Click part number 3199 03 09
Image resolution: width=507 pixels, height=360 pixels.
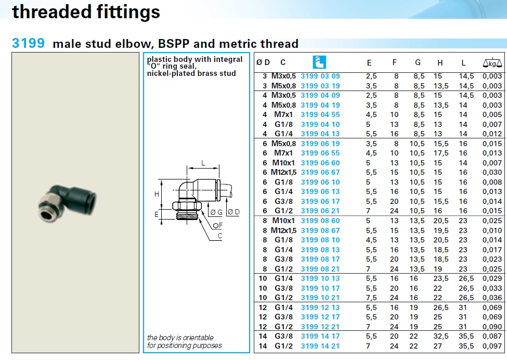pyautogui.click(x=320, y=76)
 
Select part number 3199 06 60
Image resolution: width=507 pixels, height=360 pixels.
pyautogui.click(x=320, y=163)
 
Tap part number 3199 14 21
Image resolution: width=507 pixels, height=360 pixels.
pyautogui.click(x=320, y=346)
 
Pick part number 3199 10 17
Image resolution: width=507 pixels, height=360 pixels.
pyautogui.click(x=320, y=288)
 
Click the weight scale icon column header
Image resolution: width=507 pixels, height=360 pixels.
pyautogui.click(x=492, y=63)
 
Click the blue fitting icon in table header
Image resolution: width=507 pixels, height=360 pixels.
pyautogui.click(x=319, y=62)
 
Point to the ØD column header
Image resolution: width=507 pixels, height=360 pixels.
pyautogui.click(x=263, y=62)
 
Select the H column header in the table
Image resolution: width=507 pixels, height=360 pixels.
pyautogui.click(x=440, y=63)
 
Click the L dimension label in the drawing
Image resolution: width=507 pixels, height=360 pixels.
pyautogui.click(x=203, y=163)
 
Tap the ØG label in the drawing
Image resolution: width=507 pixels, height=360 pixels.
pyautogui.click(x=216, y=212)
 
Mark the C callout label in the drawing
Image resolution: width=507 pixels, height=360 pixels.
pyautogui.click(x=220, y=236)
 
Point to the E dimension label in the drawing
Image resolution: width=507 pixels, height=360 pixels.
pyautogui.click(x=157, y=214)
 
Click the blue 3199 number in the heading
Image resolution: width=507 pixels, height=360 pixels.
pyautogui.click(x=28, y=43)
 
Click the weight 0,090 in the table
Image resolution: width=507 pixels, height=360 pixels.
pyautogui.click(x=492, y=327)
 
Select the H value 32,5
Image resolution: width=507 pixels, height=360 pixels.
pyautogui.click(x=441, y=336)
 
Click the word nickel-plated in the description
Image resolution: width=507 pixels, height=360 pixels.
pyautogui.click(x=170, y=73)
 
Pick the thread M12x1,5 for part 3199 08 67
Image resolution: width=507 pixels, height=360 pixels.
pyautogui.click(x=283, y=230)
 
